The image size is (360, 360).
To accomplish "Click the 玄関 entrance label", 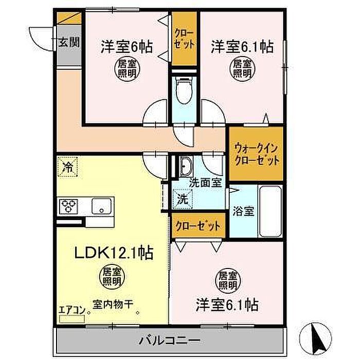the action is click(69, 43).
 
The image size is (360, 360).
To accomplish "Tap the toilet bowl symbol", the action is click(184, 90).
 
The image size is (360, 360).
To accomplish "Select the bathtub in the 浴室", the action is click(270, 212).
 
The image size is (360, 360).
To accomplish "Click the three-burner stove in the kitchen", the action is click(68, 206).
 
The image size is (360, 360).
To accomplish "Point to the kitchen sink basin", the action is click(101, 206).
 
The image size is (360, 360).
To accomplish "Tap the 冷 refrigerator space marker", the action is click(67, 167).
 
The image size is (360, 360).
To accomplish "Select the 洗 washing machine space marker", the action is click(183, 199).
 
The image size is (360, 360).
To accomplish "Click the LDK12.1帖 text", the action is click(114, 253).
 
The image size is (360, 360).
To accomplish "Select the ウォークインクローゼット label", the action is click(256, 154).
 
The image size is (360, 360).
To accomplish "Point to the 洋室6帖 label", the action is click(127, 47).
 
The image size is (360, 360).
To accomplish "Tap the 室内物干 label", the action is click(113, 304).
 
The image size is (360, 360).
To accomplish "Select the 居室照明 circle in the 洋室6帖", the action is click(127, 69).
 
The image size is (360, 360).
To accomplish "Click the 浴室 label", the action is click(243, 211).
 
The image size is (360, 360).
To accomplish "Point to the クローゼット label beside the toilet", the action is click(184, 39).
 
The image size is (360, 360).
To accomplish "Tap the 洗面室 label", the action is click(205, 183).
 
